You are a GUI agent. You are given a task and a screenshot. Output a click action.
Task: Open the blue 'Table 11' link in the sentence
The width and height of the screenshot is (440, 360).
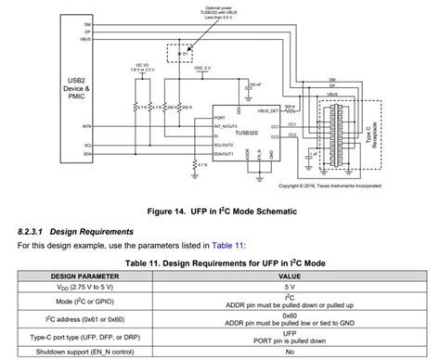[x=226, y=245]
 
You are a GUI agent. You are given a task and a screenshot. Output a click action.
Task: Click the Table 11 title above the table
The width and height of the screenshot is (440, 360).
[x=219, y=262]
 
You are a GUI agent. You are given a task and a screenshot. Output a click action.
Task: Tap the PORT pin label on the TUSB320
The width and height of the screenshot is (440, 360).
[x=220, y=118]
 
